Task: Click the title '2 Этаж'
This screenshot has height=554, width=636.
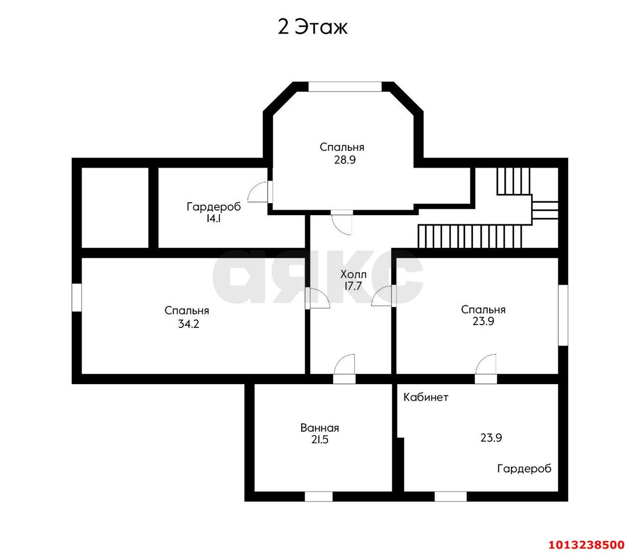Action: [x=312, y=27]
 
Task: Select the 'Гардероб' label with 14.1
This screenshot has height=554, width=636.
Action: [x=214, y=207]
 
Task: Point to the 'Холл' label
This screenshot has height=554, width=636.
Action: [x=353, y=274]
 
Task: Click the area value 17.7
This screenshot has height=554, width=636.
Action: [x=353, y=286]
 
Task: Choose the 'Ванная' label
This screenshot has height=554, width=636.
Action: [x=319, y=428]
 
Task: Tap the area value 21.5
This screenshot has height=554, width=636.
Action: [x=319, y=440]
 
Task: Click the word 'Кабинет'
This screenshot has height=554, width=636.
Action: [x=426, y=397]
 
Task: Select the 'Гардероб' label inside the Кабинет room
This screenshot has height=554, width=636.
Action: [x=524, y=469]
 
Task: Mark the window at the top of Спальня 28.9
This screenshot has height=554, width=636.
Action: [x=345, y=86]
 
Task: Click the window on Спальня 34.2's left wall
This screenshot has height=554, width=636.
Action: [x=77, y=297]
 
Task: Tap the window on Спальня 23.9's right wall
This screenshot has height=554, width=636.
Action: [x=562, y=315]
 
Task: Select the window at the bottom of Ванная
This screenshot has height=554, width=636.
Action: [x=319, y=496]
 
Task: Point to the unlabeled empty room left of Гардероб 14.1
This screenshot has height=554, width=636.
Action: [x=115, y=207]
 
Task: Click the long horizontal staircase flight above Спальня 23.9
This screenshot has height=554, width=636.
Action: [x=470, y=236]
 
